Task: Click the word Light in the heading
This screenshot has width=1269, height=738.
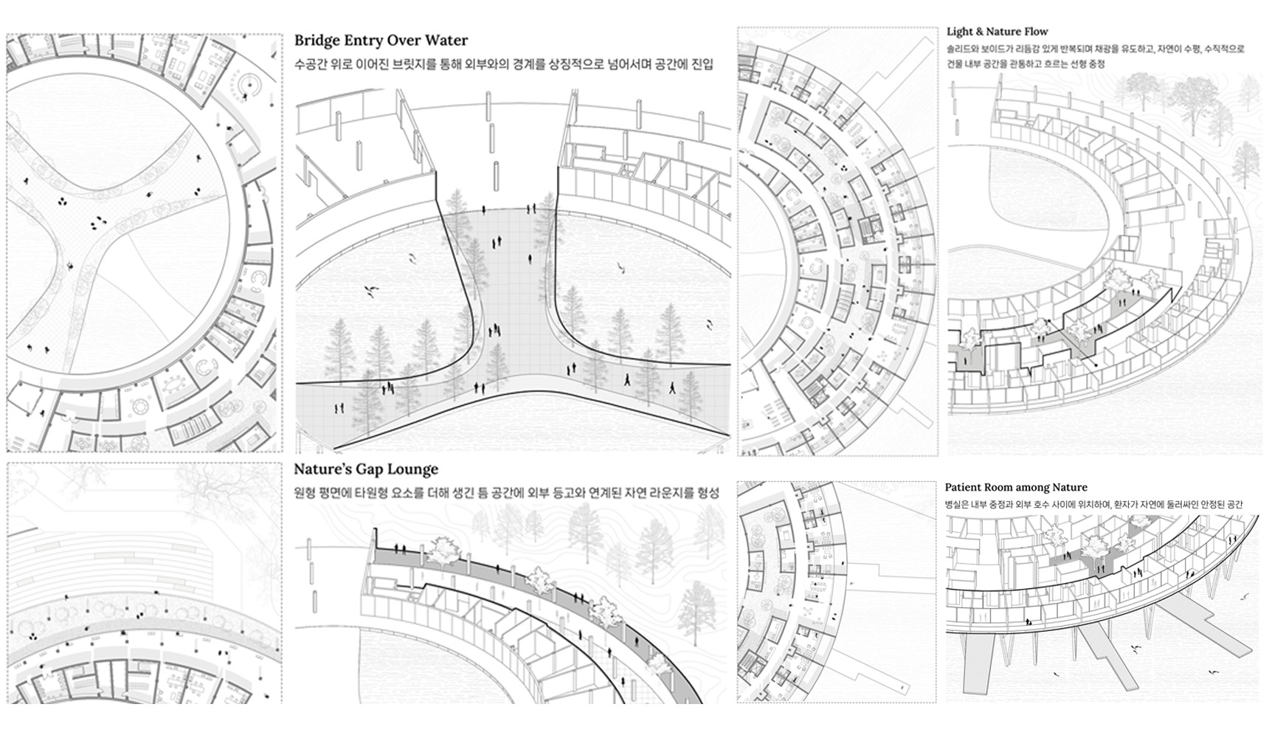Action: [x=961, y=32]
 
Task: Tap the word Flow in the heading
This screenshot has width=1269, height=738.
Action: [x=1036, y=32]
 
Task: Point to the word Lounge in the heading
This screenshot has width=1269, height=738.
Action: [x=415, y=470]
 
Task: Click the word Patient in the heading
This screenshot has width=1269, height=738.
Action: [x=963, y=487]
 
